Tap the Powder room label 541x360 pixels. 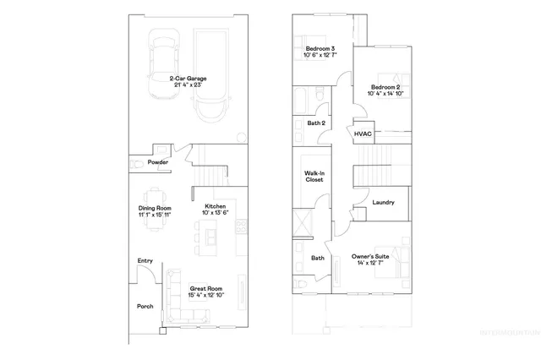[157, 162]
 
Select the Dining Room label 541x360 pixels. [156, 208]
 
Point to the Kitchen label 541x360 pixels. [215, 206]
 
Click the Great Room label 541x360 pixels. [206, 288]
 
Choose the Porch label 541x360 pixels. [145, 306]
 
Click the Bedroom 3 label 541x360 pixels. [320, 48]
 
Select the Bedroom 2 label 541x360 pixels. [385, 87]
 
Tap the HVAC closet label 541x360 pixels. [363, 134]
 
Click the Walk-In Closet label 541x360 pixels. [314, 177]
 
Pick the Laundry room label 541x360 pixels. [383, 203]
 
